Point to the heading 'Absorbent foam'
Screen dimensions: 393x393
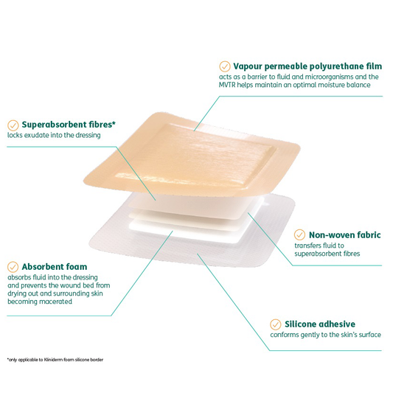click(55, 266)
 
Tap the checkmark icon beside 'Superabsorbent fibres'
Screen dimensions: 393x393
click(12, 125)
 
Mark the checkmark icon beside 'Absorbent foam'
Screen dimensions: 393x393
click(12, 266)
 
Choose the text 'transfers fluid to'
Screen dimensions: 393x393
click(319, 246)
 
